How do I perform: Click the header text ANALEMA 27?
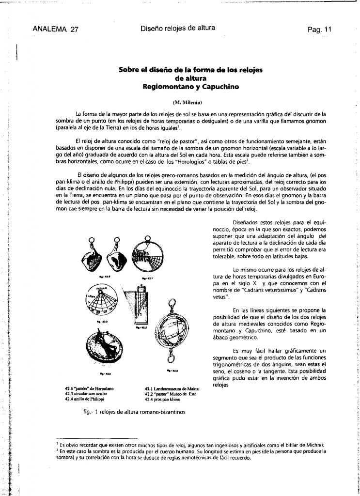tap(55, 29)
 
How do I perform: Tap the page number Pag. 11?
tap(319, 29)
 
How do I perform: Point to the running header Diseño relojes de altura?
tap(178, 28)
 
